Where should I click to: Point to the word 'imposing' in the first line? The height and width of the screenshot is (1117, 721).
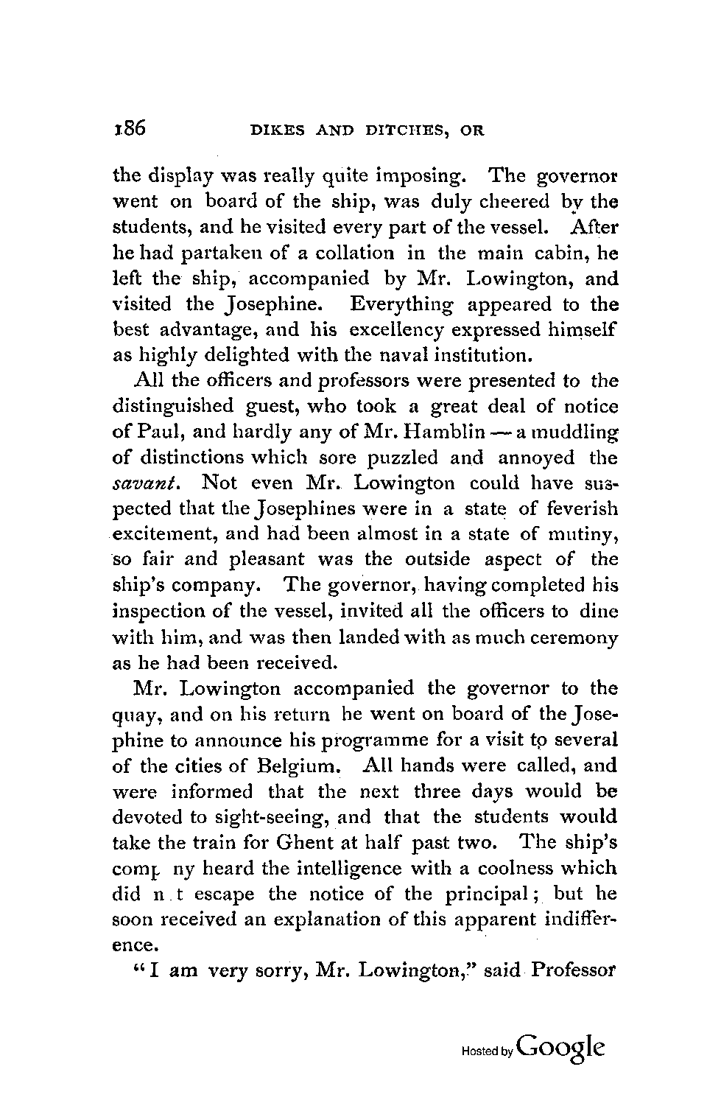(x=418, y=177)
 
